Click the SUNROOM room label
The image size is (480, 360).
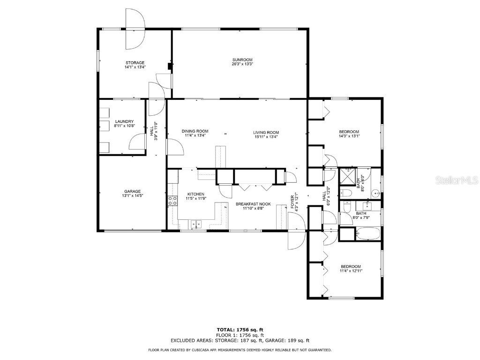(242, 60)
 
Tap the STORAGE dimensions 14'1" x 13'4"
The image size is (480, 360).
(135, 67)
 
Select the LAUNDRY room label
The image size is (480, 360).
(124, 121)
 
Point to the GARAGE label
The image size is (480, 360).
(132, 191)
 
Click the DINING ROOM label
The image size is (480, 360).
(195, 131)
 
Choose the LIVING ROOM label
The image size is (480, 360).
(266, 132)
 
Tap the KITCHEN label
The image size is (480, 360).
(195, 194)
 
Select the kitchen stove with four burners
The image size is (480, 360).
(172, 201)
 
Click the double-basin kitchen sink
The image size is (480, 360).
(196, 225)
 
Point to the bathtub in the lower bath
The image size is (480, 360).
(368, 234)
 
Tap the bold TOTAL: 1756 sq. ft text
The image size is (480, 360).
(240, 330)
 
